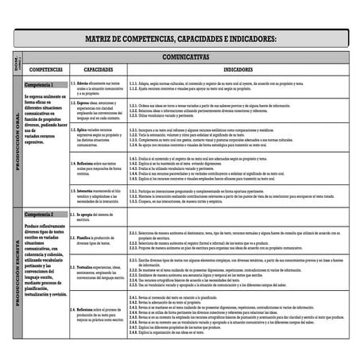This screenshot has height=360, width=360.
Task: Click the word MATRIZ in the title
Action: coord(103,38)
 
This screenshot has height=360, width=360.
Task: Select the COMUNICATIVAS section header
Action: coord(184,57)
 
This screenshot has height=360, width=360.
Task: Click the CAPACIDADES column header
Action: coord(99,70)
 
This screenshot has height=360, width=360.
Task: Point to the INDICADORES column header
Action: coord(238,70)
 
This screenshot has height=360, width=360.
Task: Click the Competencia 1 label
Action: coord(40,84)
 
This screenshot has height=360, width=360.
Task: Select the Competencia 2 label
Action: coord(40,215)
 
